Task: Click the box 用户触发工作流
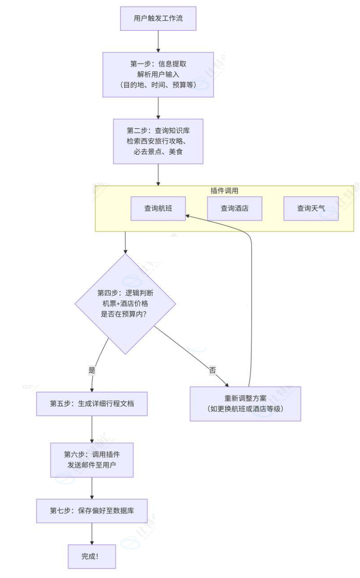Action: point(158,19)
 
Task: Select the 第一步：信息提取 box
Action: point(158,74)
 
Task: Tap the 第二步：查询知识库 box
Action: point(158,141)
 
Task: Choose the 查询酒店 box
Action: point(234,208)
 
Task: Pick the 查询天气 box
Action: point(311,208)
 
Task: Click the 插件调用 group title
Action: point(224,191)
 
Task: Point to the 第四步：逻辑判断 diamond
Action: point(125,304)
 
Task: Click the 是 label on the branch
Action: point(91,369)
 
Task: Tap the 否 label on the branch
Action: point(213,370)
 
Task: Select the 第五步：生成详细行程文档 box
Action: point(92,404)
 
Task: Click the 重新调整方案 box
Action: point(245,404)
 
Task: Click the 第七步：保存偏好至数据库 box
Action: point(92,511)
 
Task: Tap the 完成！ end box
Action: point(92,556)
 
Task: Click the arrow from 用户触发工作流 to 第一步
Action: point(158,41)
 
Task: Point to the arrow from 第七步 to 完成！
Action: point(92,533)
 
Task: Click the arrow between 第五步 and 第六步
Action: point(92,429)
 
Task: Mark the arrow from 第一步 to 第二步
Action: point(158,108)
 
